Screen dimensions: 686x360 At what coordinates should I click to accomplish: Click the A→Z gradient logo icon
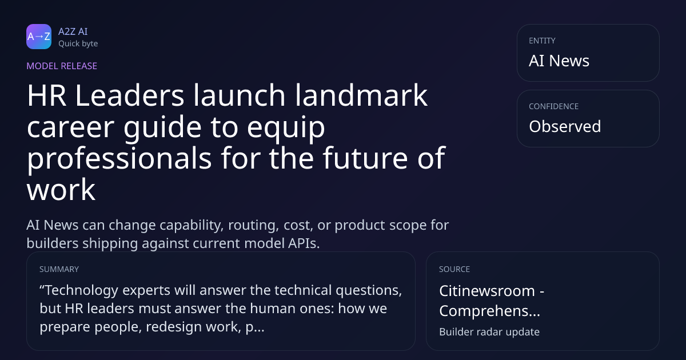click(x=39, y=37)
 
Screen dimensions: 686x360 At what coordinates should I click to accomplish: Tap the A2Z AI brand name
click(x=73, y=31)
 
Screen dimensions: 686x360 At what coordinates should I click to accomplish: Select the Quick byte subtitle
click(x=78, y=44)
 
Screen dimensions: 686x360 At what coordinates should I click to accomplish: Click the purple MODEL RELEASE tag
click(x=62, y=66)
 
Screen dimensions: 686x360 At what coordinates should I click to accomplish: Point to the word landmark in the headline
click(x=361, y=95)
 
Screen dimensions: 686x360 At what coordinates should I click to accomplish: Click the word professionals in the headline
click(x=119, y=158)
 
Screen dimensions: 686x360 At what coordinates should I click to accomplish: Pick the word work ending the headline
click(x=61, y=190)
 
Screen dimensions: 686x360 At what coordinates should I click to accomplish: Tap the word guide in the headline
click(x=162, y=127)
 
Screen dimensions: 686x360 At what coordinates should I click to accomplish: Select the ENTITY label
click(x=542, y=41)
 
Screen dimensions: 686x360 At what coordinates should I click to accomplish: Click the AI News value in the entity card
click(x=559, y=61)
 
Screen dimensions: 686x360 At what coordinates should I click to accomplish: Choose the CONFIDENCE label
click(x=554, y=106)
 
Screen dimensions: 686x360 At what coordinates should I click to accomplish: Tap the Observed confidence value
click(x=565, y=126)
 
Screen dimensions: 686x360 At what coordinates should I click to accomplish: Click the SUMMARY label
click(x=59, y=269)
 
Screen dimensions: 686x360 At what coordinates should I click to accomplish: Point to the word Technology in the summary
click(x=81, y=290)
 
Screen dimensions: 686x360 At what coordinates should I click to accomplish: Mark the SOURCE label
click(x=454, y=269)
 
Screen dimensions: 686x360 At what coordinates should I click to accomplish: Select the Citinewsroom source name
click(x=487, y=290)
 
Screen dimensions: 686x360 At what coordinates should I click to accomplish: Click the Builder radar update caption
click(x=489, y=332)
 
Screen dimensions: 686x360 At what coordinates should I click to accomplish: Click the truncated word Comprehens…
click(x=489, y=311)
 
